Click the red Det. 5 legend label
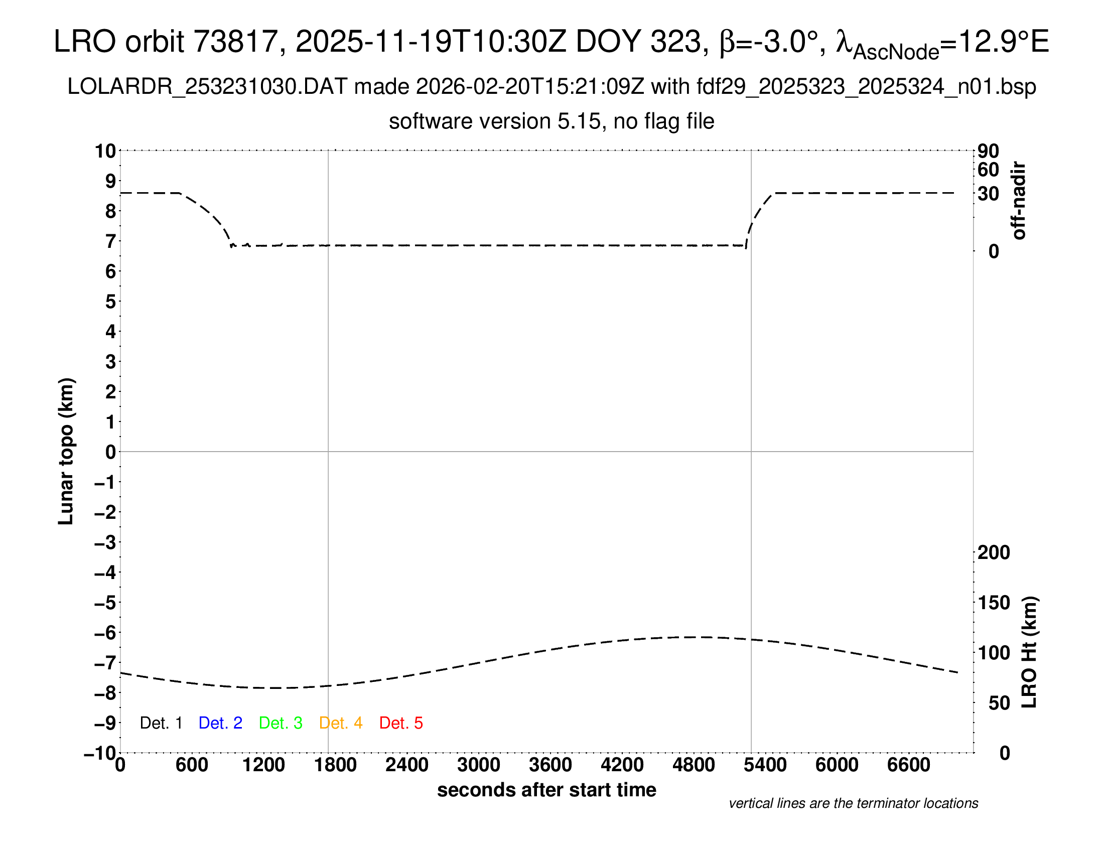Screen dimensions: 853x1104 [x=401, y=723]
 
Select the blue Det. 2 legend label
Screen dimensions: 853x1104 [x=220, y=723]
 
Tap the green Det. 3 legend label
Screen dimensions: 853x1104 [x=281, y=723]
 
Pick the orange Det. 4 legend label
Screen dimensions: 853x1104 [x=341, y=723]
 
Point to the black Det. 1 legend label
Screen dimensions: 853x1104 [x=161, y=723]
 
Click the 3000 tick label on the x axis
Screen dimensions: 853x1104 [x=478, y=765]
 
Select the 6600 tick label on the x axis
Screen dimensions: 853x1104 [x=908, y=765]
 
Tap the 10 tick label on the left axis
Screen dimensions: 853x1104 [x=106, y=151]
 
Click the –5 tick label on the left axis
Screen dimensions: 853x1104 [x=105, y=603]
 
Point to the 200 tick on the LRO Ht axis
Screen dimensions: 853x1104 [x=994, y=552]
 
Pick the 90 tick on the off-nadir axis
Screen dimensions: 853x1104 [x=988, y=151]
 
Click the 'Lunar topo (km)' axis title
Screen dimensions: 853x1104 [x=66, y=451]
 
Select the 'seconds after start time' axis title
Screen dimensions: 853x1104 [x=546, y=790]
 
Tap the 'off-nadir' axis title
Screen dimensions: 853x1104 [x=1019, y=201]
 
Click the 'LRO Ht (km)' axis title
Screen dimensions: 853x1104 [x=1029, y=652]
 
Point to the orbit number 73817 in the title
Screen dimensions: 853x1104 [x=235, y=42]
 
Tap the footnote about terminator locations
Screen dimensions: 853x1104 [x=853, y=803]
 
